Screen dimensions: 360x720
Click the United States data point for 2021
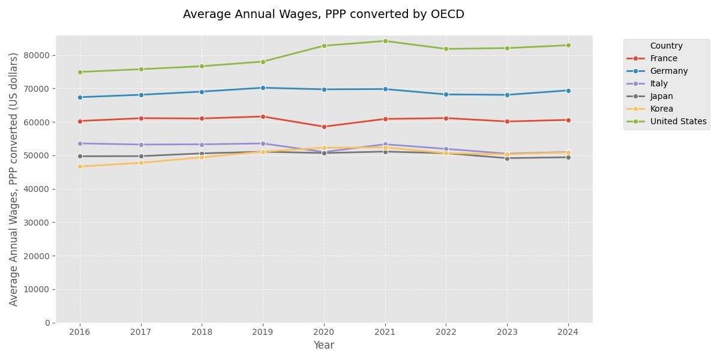(385, 41)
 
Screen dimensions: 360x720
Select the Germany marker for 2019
(263, 88)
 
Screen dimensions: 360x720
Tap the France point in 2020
(324, 127)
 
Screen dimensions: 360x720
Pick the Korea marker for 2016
(80, 166)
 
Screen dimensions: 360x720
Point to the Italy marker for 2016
(80, 143)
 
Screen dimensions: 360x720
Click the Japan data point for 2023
(507, 158)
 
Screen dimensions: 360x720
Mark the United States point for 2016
(80, 72)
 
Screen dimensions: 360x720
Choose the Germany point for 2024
(568, 91)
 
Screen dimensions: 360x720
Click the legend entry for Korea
(661, 109)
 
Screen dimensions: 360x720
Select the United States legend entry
(678, 121)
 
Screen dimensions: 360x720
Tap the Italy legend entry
(659, 83)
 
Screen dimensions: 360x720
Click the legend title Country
(666, 46)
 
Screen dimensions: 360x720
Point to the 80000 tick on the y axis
(39, 55)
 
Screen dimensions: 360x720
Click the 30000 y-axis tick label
(39, 223)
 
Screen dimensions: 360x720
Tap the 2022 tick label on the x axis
(446, 331)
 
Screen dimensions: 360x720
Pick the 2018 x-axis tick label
(202, 331)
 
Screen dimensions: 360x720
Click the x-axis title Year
(323, 345)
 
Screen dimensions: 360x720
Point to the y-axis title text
(14, 179)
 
